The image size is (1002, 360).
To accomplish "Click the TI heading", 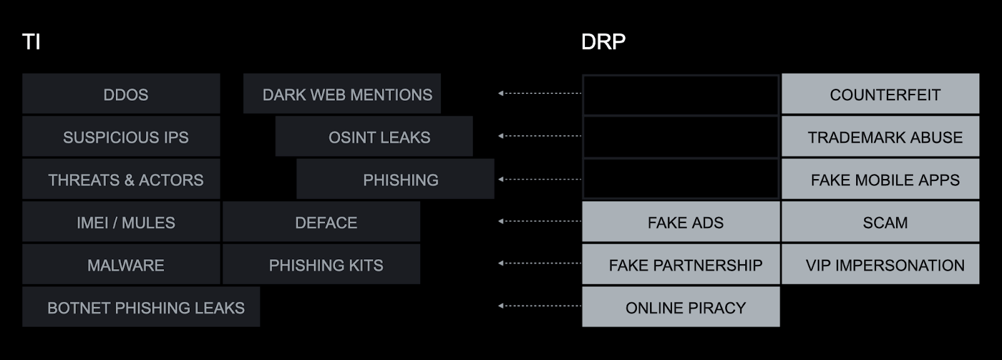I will pyautogui.click(x=31, y=42).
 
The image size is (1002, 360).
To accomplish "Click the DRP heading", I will pyautogui.click(x=603, y=42).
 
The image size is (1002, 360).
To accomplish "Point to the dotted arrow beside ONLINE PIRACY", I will pyautogui.click(x=540, y=306).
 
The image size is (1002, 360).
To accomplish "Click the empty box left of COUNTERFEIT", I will pyautogui.click(x=681, y=94).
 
